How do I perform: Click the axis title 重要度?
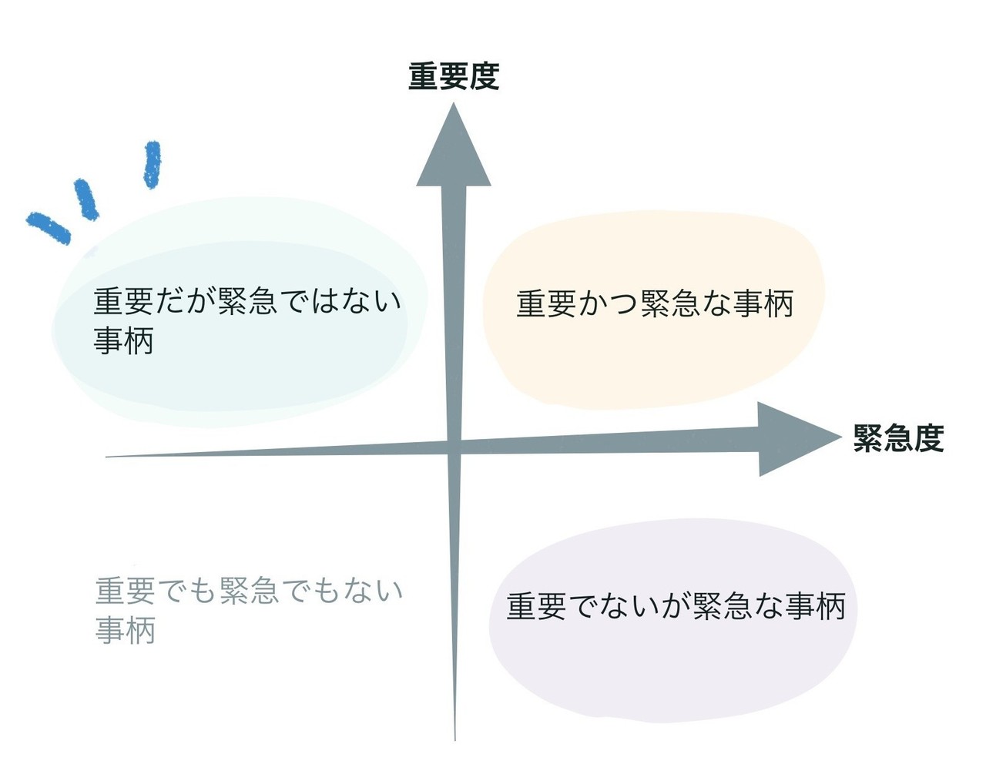click(x=454, y=76)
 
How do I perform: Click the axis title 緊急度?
click(x=898, y=438)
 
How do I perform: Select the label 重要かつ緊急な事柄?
click(x=655, y=303)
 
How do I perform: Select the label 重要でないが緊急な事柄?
click(x=676, y=606)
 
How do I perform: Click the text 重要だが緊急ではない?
click(x=247, y=300)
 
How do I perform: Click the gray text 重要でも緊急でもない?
click(x=249, y=591)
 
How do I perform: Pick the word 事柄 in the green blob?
click(x=124, y=340)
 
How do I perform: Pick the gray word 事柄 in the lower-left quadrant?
click(x=126, y=630)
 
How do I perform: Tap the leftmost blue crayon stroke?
click(x=49, y=228)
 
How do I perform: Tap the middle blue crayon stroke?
click(x=86, y=199)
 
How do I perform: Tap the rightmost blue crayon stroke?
click(x=153, y=165)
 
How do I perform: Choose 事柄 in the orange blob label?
click(x=763, y=303)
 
